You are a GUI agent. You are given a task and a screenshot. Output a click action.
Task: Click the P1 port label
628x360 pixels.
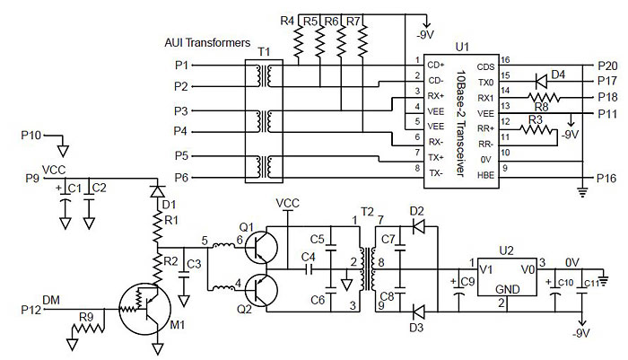click(x=181, y=65)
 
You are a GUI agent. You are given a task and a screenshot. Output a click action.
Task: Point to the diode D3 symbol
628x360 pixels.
click(x=417, y=312)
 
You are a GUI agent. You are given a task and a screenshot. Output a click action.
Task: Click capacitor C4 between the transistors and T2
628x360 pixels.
click(x=310, y=268)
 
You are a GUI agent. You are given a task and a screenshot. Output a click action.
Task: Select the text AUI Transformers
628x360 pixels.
click(x=206, y=42)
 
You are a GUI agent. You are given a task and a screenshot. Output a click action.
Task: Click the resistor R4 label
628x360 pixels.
click(x=286, y=20)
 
